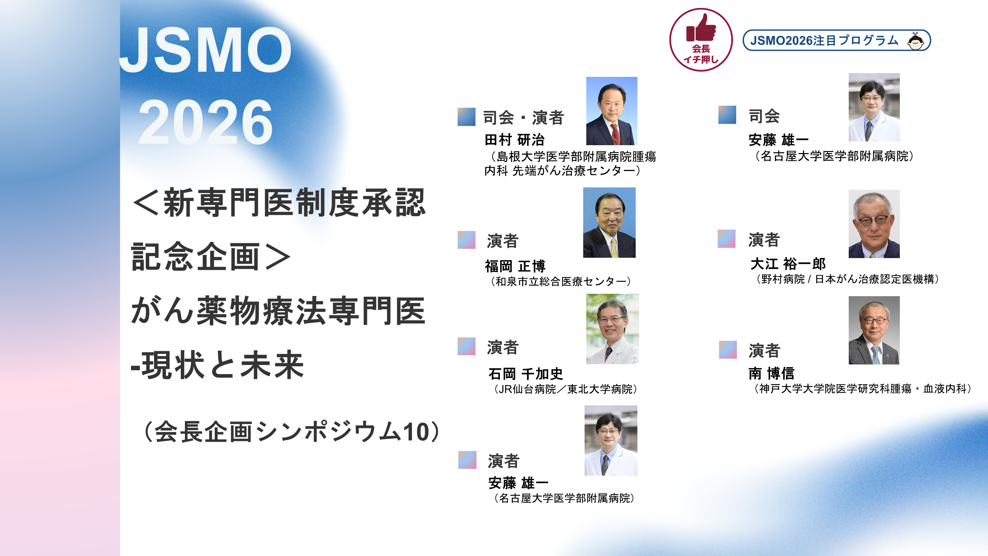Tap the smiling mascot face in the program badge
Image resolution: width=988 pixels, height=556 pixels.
click(916, 41)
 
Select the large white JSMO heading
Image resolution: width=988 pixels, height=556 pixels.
click(205, 50)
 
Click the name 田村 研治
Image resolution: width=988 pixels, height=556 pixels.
click(514, 140)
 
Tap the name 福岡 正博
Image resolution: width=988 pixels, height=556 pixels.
click(515, 266)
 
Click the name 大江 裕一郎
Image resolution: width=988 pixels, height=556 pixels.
click(788, 264)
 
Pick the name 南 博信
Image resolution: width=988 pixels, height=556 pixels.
click(771, 373)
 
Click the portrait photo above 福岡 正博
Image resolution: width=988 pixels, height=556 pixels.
click(609, 222)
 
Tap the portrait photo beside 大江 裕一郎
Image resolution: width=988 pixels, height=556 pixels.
click(874, 224)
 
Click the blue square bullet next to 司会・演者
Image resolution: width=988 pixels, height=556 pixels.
click(467, 117)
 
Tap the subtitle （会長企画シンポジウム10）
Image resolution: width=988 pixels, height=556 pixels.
click(292, 432)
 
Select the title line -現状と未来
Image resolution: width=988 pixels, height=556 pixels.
click(217, 365)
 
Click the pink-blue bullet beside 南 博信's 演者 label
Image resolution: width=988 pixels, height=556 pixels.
click(728, 350)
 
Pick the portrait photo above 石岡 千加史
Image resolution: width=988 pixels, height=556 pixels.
click(612, 329)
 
